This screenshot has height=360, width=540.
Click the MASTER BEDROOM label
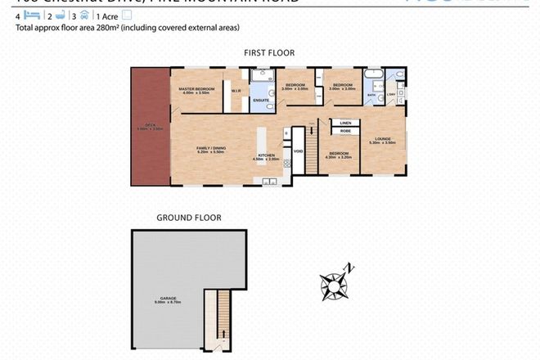[x=196, y=88]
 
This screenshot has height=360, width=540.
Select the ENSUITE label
[x=261, y=101]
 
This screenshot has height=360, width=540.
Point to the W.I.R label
[x=235, y=90]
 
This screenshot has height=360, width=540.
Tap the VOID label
[x=299, y=151]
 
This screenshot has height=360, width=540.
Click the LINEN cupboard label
[x=345, y=122]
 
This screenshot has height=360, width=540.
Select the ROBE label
[x=345, y=130]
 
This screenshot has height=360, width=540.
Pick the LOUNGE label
[x=385, y=138]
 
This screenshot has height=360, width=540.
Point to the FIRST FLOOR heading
[x=269, y=52]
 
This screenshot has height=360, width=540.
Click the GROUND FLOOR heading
[x=188, y=218]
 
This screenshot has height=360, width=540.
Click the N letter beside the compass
[x=349, y=266]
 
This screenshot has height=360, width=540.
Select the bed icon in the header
[x=31, y=15]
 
